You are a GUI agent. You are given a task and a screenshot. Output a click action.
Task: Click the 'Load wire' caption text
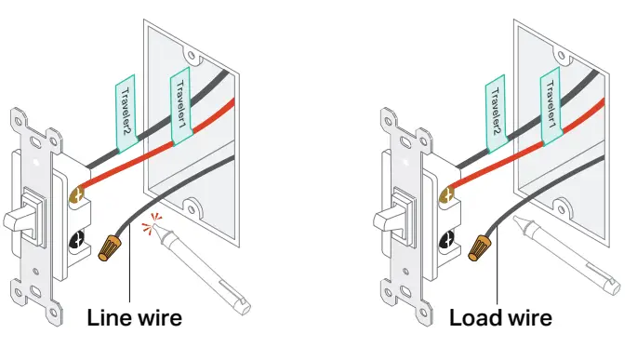click(x=501, y=318)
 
